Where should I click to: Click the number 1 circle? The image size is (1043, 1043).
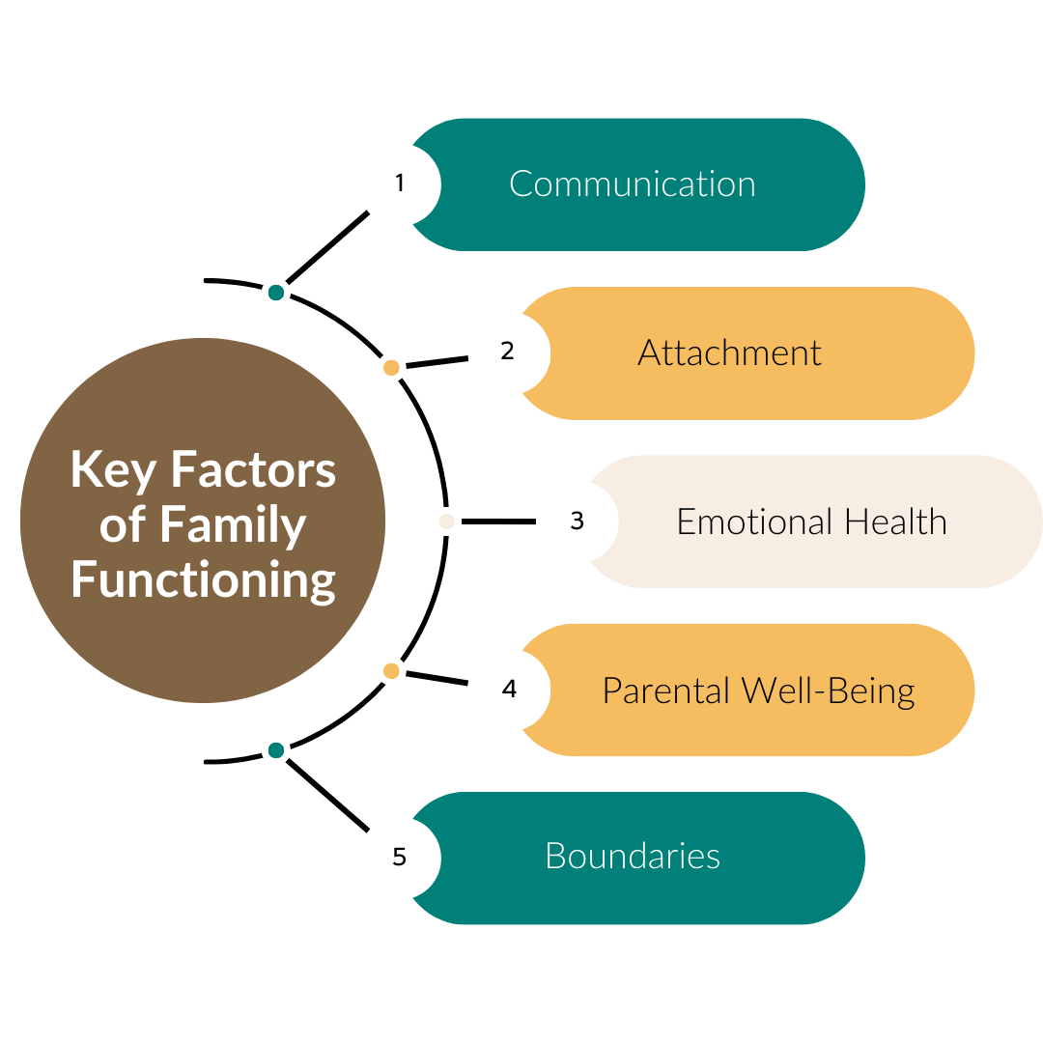pyautogui.click(x=400, y=183)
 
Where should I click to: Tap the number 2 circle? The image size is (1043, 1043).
pyautogui.click(x=509, y=352)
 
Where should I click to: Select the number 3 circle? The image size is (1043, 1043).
pyautogui.click(x=577, y=521)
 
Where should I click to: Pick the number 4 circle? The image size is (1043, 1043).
pyautogui.click(x=509, y=690)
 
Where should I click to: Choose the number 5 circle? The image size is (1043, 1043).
pyautogui.click(x=400, y=858)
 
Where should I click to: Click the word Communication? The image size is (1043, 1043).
pyautogui.click(x=632, y=184)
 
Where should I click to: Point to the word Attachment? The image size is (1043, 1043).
pyautogui.click(x=729, y=353)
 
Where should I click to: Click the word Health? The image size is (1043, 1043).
pyautogui.click(x=895, y=522)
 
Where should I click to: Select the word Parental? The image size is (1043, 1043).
pyautogui.click(x=666, y=691)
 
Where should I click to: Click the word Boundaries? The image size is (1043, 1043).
pyautogui.click(x=632, y=857)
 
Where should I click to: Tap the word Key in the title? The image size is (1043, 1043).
pyautogui.click(x=114, y=471)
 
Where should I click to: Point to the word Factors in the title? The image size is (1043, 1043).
pyautogui.click(x=253, y=470)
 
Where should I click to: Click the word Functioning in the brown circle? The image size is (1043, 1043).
pyautogui.click(x=203, y=580)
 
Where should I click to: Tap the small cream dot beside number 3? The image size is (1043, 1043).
pyautogui.click(x=446, y=522)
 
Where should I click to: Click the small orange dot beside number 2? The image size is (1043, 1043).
pyautogui.click(x=391, y=368)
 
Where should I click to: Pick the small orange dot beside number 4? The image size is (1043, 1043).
pyautogui.click(x=391, y=670)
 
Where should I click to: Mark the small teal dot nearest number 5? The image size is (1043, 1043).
pyautogui.click(x=276, y=750)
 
